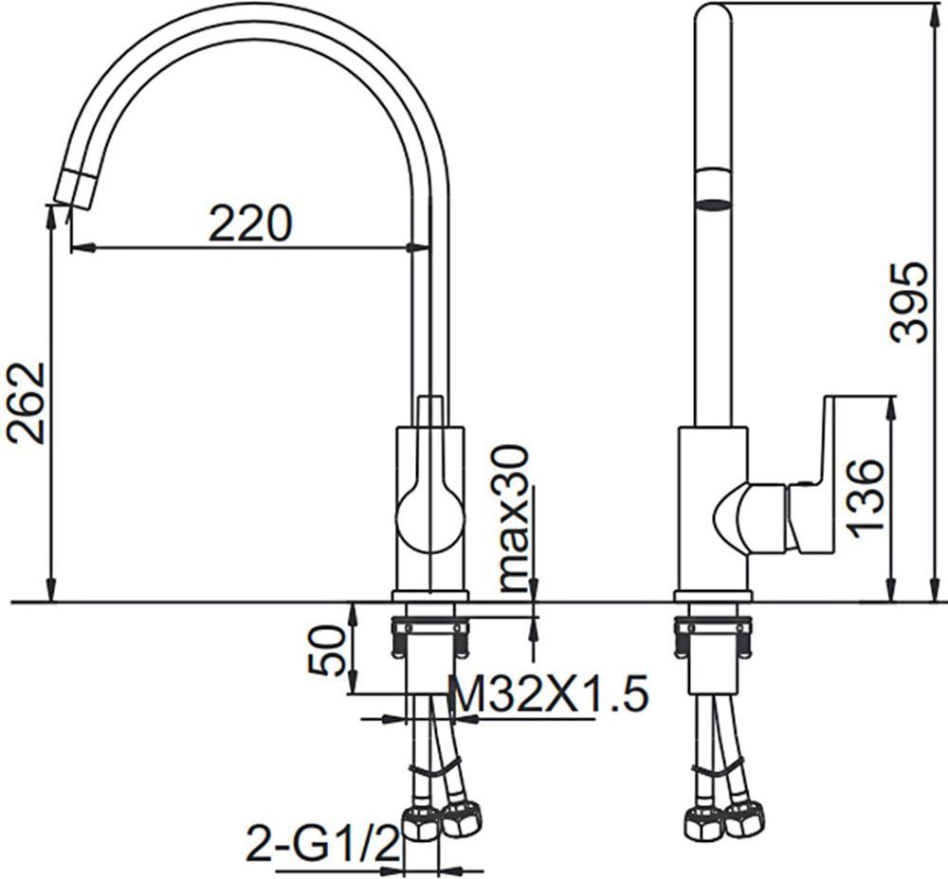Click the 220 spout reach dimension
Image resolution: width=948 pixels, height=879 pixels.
pyautogui.click(x=249, y=223)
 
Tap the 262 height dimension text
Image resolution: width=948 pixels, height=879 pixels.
pyautogui.click(x=25, y=403)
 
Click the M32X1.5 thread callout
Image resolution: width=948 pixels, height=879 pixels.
pyautogui.click(x=550, y=692)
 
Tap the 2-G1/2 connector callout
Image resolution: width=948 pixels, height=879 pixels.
pyautogui.click(x=323, y=845)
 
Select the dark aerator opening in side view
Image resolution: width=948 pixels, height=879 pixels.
pyautogui.click(x=715, y=205)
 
